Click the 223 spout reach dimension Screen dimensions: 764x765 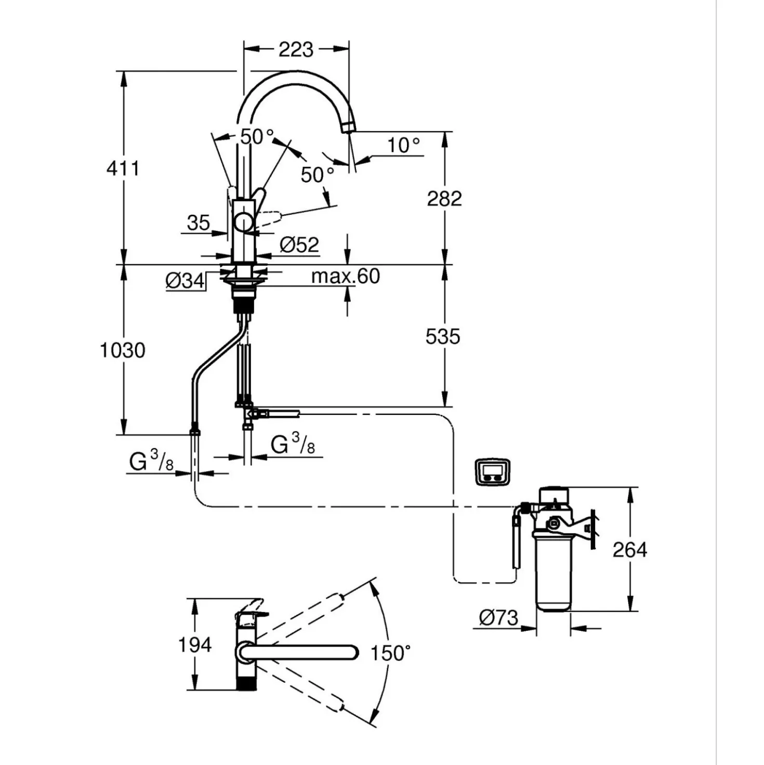coord(296,50)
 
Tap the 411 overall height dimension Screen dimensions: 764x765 coord(123,168)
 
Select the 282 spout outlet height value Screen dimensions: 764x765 coord(444,199)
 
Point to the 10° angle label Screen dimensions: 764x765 coord(404,145)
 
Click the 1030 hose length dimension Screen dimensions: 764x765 coord(123,351)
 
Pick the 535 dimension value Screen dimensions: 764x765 coord(442,336)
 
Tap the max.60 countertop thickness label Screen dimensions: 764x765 coord(345,276)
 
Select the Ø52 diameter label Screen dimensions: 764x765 coord(299,245)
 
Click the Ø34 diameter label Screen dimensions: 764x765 coord(185,281)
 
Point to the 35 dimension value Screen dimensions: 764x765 coord(198,223)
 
